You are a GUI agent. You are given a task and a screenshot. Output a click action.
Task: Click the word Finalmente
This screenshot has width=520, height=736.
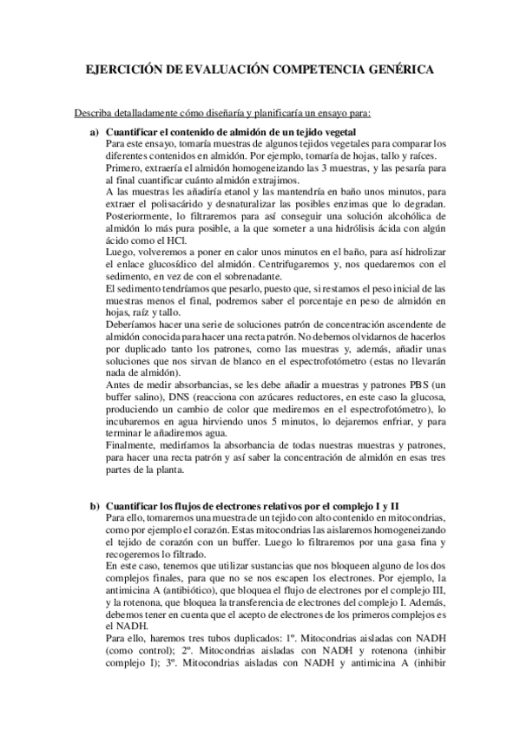131,444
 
